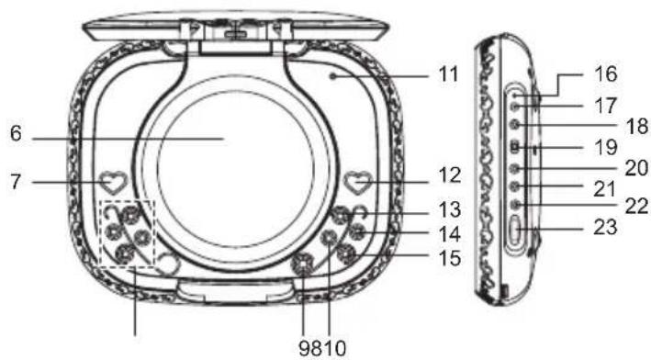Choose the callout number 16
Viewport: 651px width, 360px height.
click(605, 71)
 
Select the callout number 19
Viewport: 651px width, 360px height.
click(605, 147)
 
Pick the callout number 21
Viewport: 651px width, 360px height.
click(605, 188)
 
